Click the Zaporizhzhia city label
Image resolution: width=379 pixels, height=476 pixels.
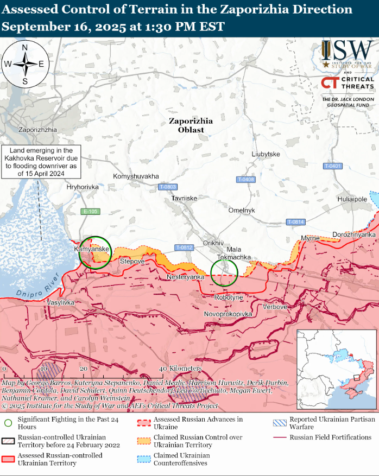coord(37,130)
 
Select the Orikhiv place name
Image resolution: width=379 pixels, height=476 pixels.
coord(213,242)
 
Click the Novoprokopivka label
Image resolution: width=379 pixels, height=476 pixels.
coord(229,314)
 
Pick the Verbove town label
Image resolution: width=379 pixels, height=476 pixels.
coord(275,307)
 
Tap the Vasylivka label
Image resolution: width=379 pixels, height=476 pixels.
coord(60,301)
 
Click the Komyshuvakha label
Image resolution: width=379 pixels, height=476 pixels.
coord(136,176)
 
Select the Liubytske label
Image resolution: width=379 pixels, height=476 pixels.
coord(266,154)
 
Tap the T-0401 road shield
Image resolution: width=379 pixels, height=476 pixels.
coord(332,166)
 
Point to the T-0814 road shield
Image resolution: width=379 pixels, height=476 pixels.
coord(296,222)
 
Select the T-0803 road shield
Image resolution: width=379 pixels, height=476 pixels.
coord(168,187)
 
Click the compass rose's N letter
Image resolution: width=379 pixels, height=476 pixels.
coord(25,48)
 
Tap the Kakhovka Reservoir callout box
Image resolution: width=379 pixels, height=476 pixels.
coord(41,162)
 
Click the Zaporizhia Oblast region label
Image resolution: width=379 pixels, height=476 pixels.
coord(191,125)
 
